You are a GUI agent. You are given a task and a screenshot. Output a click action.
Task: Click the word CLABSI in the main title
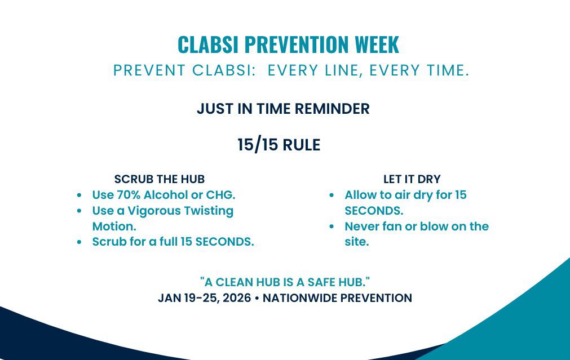(208, 45)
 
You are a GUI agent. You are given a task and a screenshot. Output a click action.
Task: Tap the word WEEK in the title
(377, 45)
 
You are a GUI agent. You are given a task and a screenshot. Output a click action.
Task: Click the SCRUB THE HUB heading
(160, 179)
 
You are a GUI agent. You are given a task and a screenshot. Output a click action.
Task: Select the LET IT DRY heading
(412, 179)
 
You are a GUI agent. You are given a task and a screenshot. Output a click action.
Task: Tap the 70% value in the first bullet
(129, 195)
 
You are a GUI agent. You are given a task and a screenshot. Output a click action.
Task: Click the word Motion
(114, 226)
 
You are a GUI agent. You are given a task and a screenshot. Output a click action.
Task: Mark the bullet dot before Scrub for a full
(79, 242)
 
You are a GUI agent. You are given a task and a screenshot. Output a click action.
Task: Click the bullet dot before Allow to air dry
(332, 195)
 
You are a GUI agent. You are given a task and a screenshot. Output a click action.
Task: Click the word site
(357, 242)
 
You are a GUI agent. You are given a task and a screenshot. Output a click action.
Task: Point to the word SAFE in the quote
(322, 282)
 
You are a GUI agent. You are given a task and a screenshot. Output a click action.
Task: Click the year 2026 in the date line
(237, 298)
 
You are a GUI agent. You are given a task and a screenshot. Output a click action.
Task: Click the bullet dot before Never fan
(332, 226)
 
